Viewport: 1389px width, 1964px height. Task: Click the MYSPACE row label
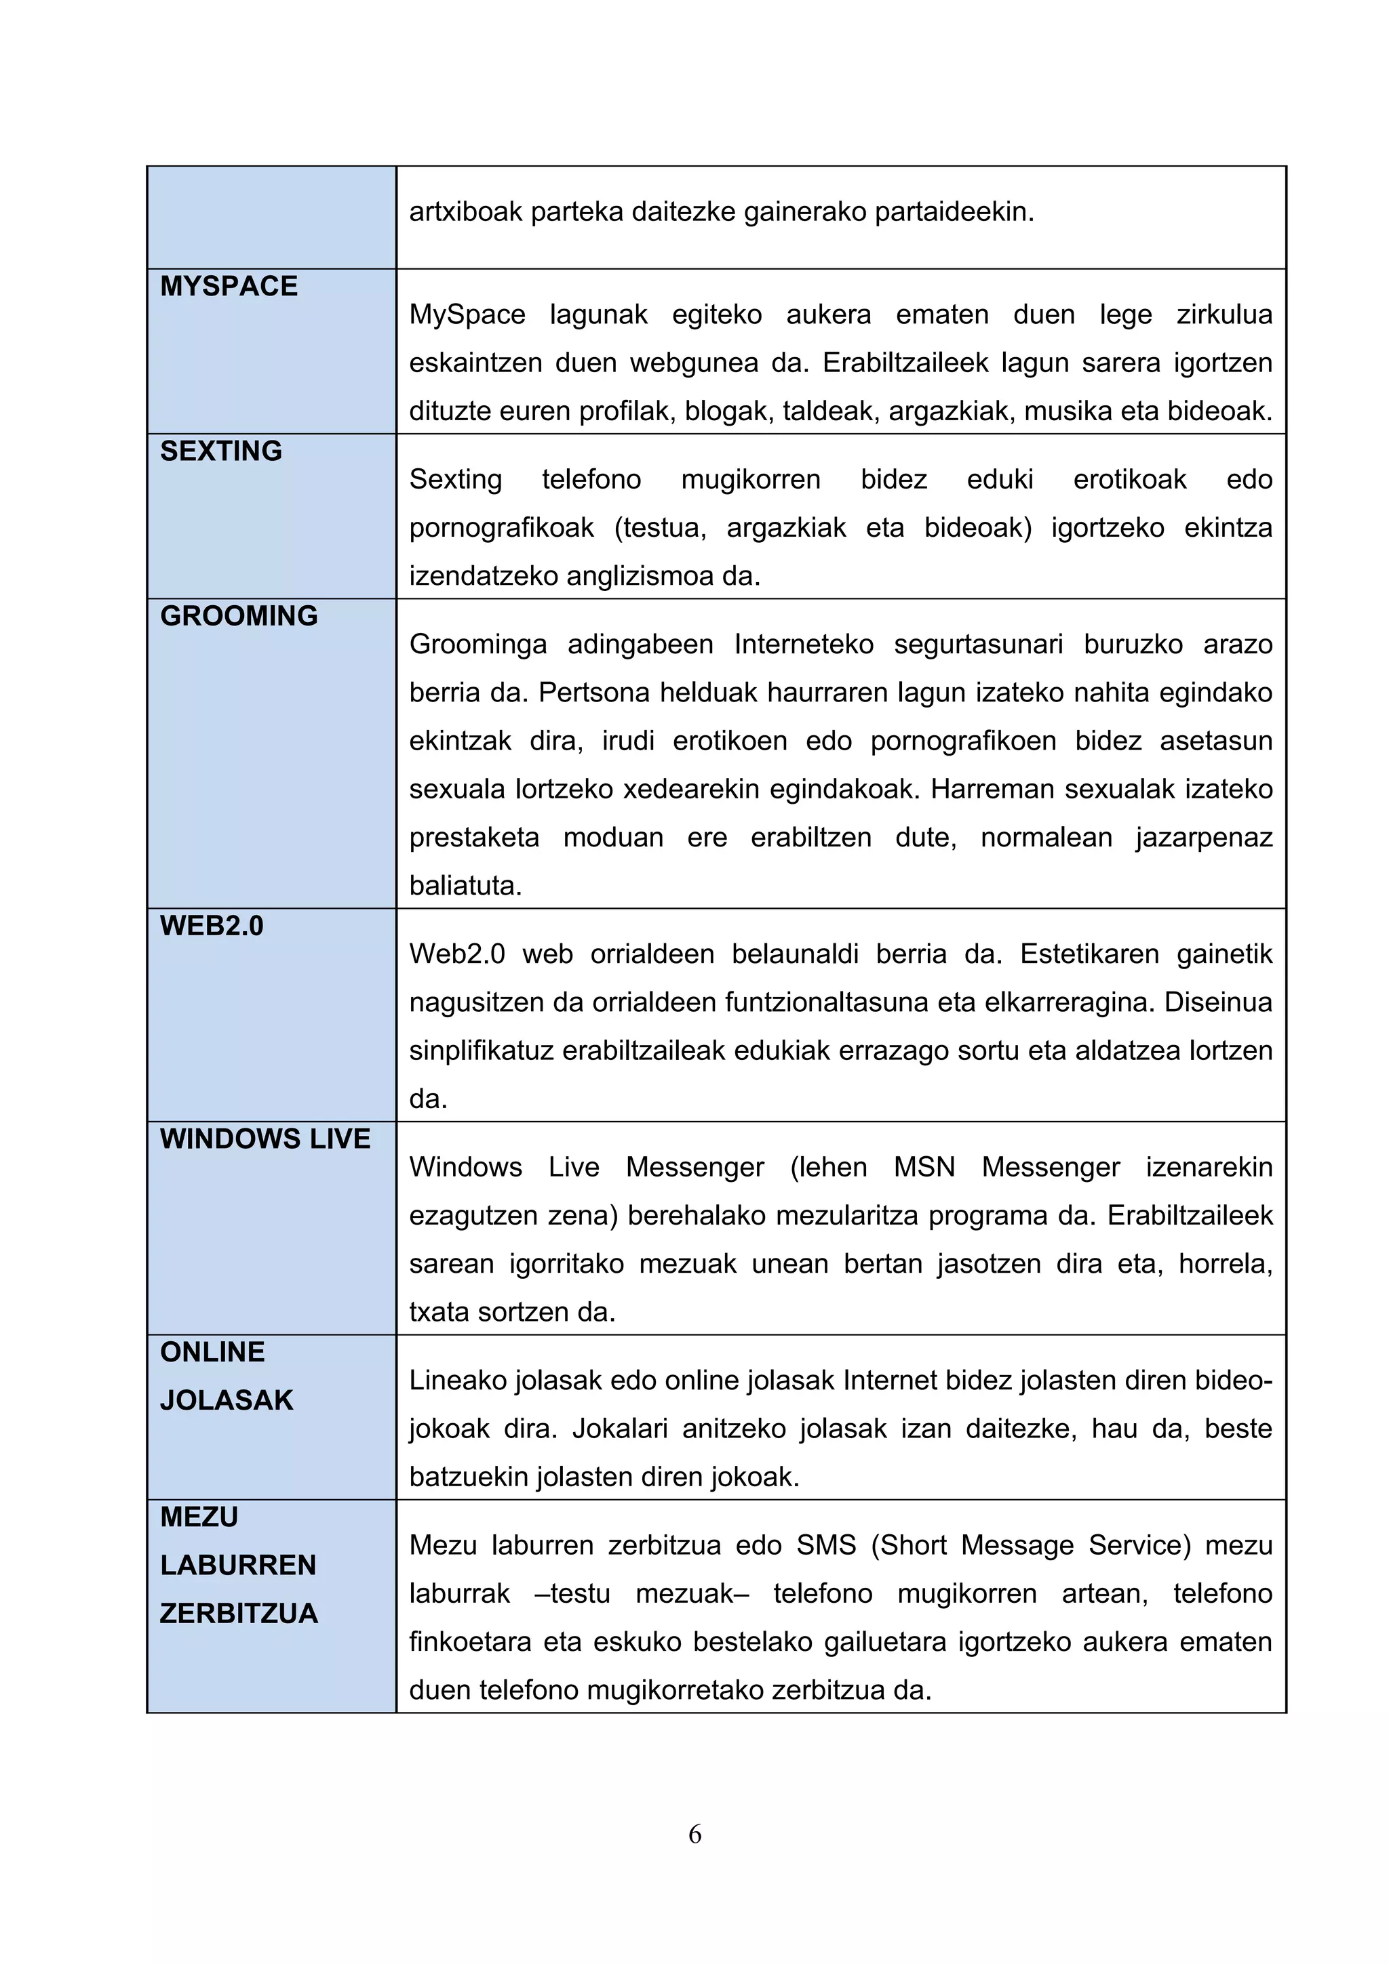229,286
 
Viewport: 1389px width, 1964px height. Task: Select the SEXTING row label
221,451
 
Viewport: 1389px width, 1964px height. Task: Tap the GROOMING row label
239,616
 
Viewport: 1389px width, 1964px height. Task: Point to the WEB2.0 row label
212,926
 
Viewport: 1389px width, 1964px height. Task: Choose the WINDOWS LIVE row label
265,1139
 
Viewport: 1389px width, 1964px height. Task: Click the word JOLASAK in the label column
227,1400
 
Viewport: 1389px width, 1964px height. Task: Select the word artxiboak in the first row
465,211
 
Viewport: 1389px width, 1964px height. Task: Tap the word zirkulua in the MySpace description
1224,314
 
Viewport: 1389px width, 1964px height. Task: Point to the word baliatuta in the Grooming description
465,885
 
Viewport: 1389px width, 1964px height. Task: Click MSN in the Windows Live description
924,1167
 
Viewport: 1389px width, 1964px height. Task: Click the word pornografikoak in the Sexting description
501,528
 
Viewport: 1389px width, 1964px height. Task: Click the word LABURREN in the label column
238,1565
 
